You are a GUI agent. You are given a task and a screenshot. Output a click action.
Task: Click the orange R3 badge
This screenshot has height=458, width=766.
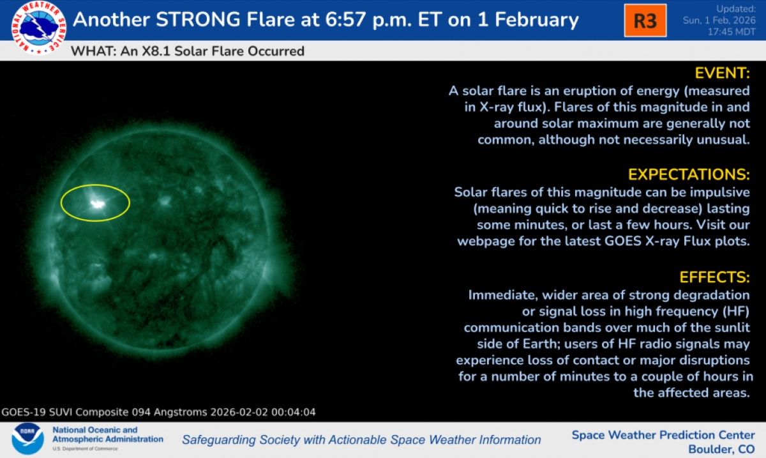(x=645, y=20)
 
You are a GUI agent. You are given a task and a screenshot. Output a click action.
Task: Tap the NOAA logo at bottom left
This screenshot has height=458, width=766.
(x=27, y=439)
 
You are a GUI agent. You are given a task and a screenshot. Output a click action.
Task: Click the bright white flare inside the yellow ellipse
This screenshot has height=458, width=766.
(x=97, y=204)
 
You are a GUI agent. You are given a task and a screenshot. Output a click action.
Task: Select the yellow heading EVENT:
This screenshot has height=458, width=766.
(x=722, y=72)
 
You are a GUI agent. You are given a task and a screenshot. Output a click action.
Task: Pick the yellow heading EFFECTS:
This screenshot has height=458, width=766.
(x=714, y=277)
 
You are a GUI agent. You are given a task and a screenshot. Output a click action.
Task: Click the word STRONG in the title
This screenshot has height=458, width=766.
(x=202, y=19)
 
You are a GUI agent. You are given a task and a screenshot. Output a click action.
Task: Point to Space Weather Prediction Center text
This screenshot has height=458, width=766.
(x=663, y=435)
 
